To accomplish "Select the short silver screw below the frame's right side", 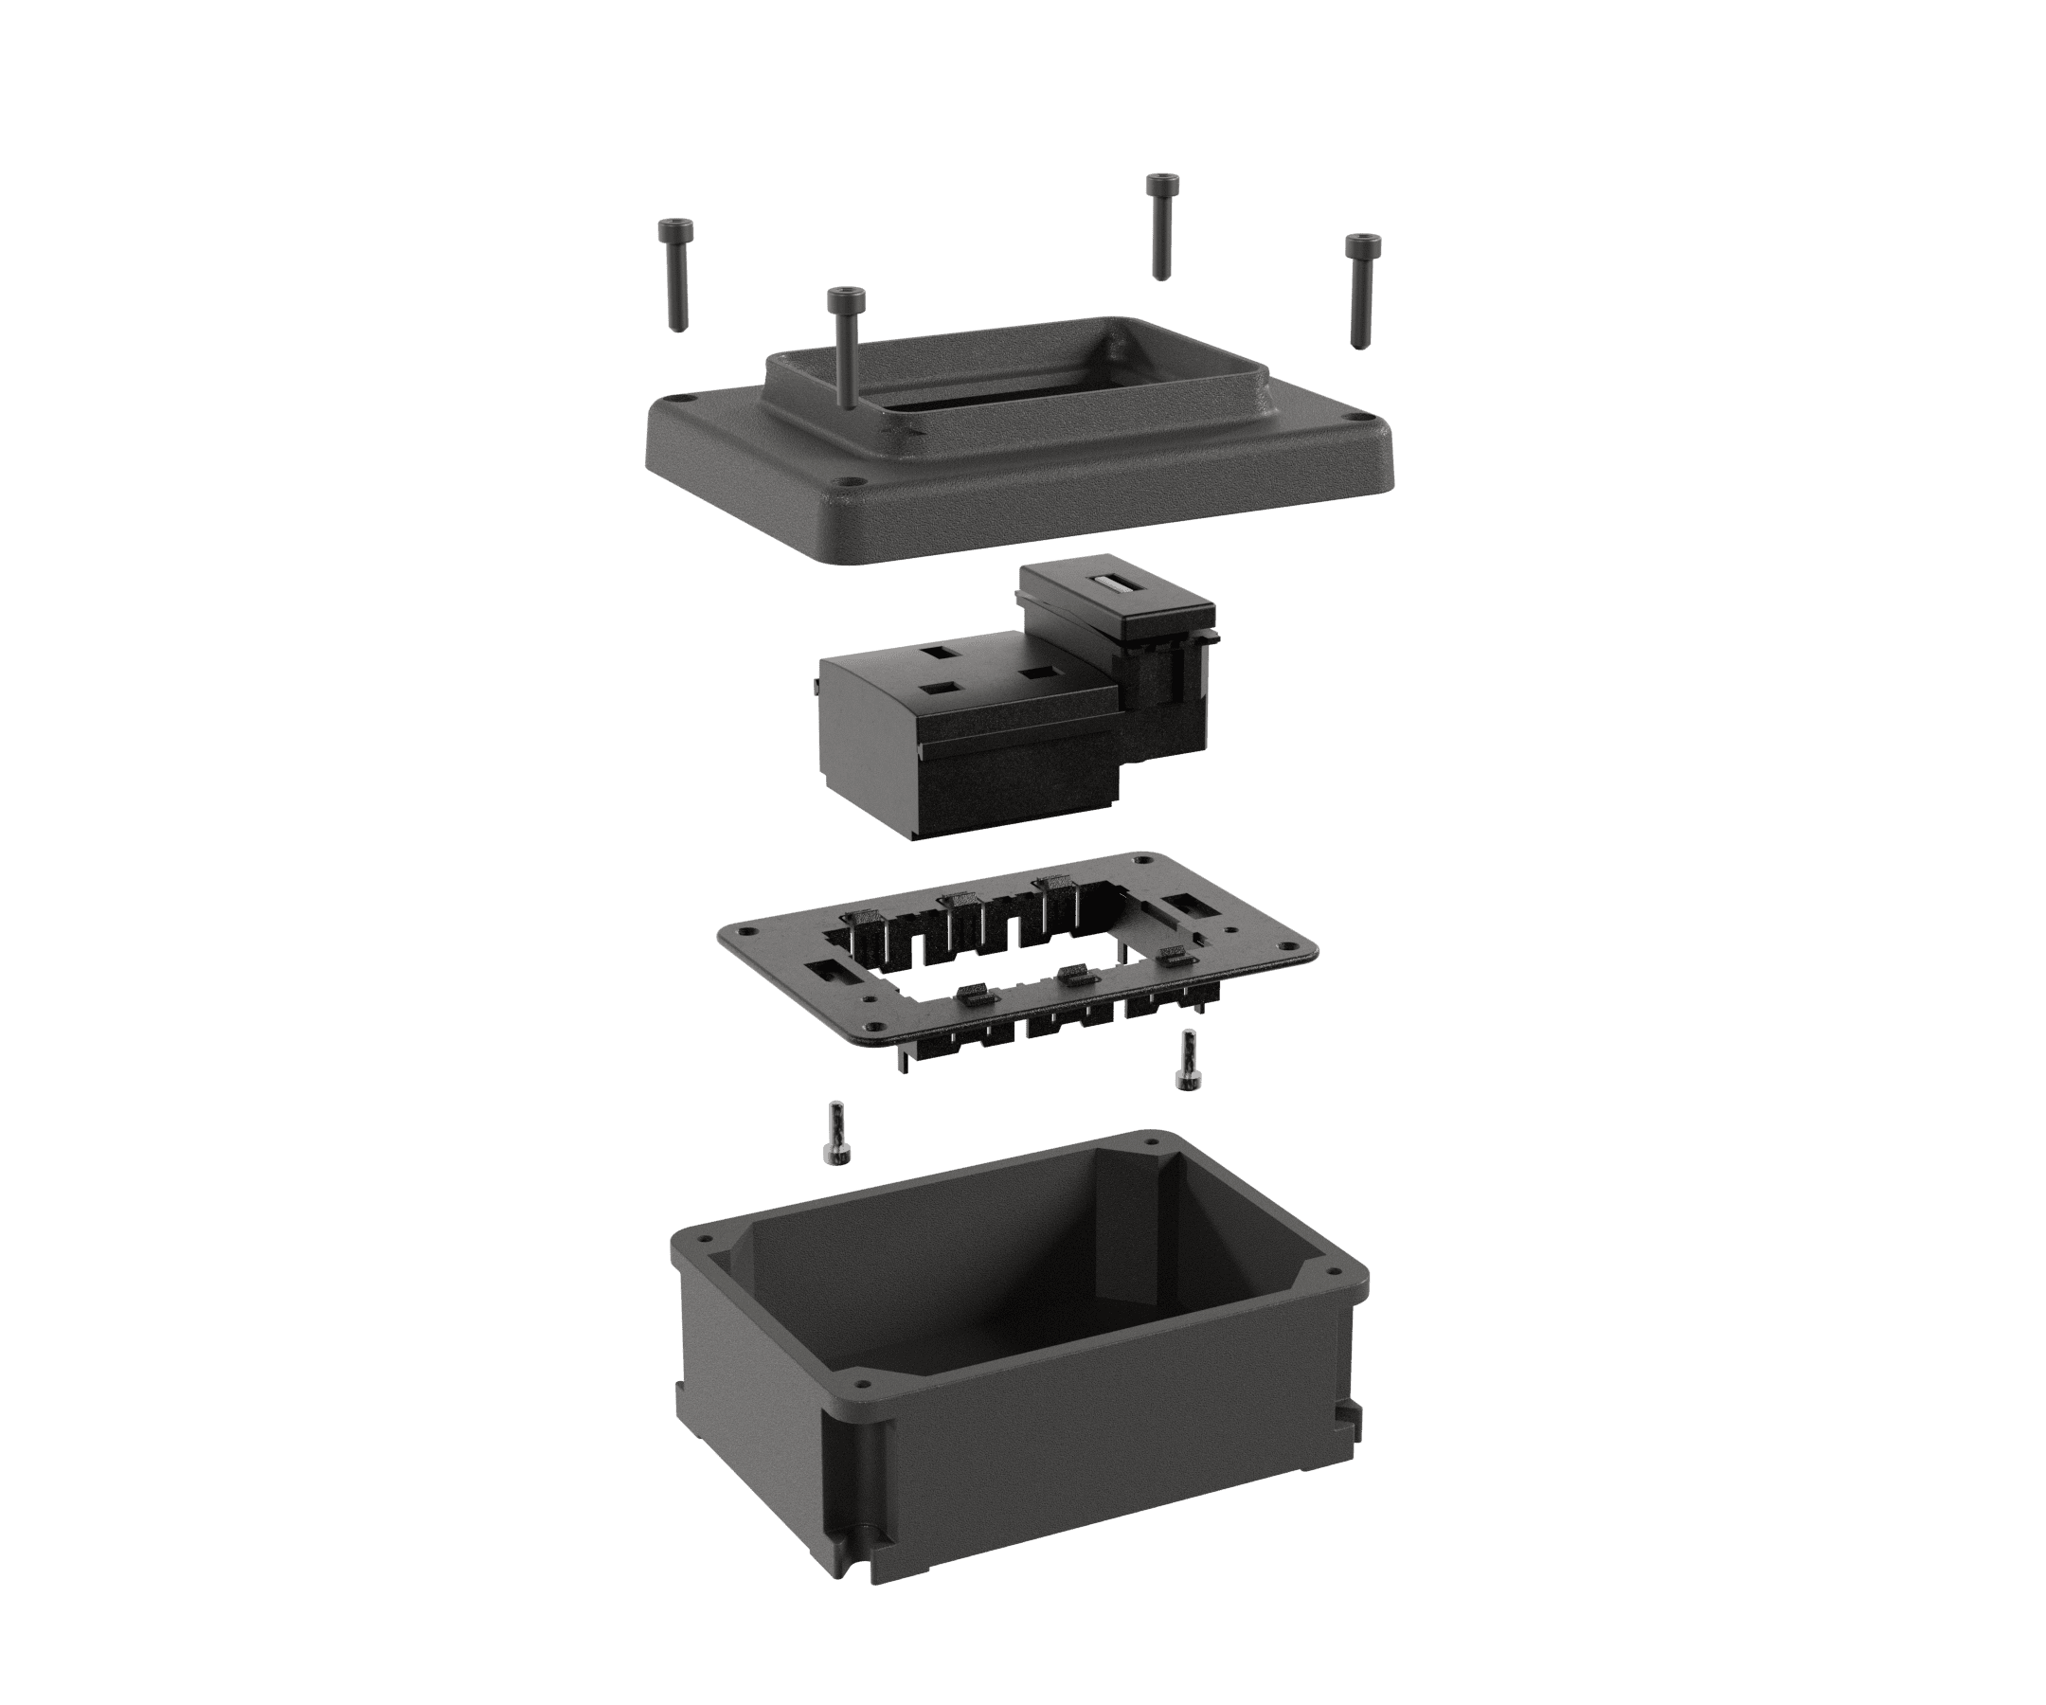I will (x=1186, y=1062).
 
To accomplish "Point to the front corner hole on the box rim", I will (x=858, y=1383).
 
